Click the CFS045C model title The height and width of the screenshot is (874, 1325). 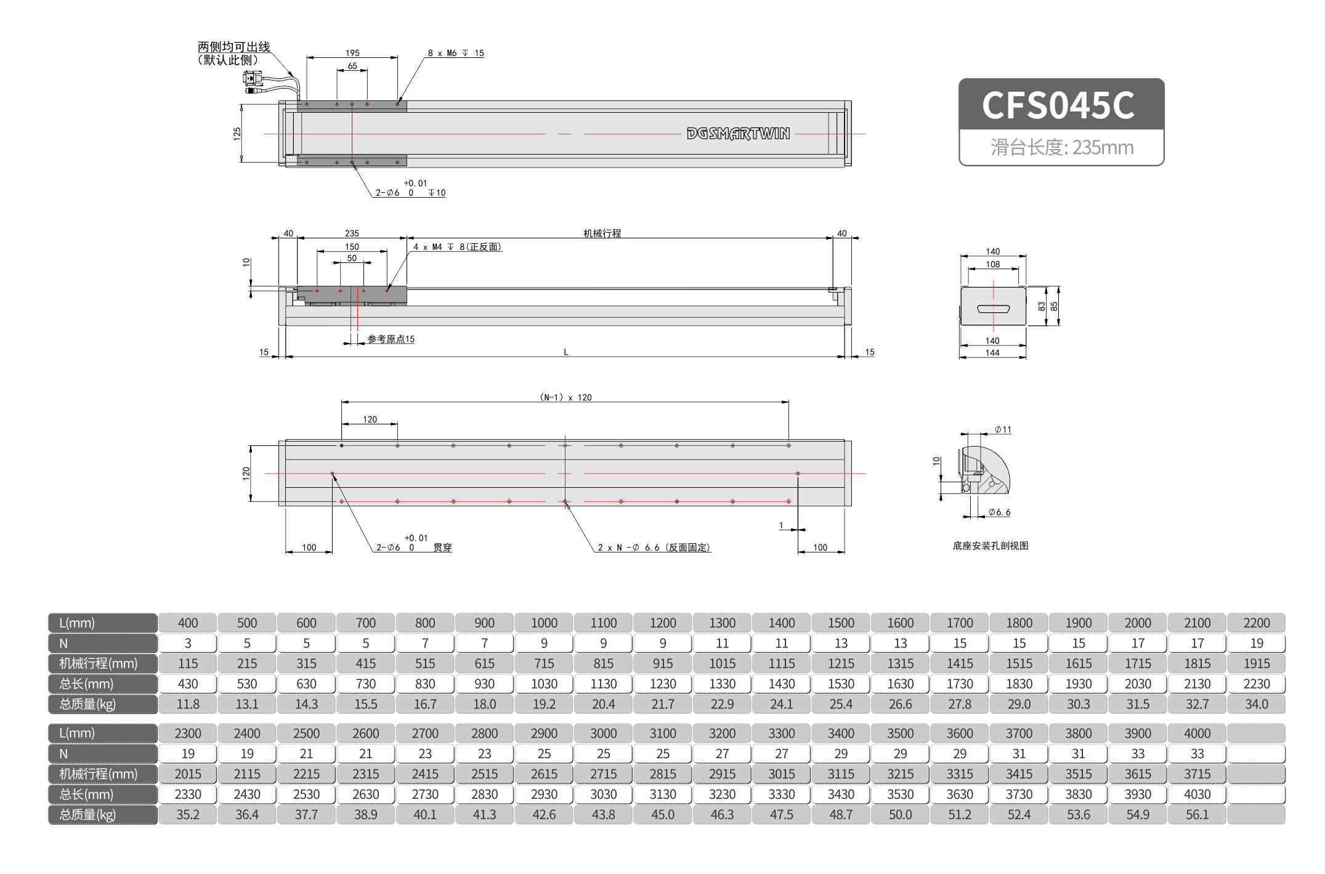coord(1058,105)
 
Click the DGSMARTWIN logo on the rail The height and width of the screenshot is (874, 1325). coord(738,134)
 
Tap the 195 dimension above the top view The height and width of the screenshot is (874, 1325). coord(352,53)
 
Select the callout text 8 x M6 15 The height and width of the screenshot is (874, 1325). coord(456,54)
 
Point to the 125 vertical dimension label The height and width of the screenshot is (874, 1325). coord(237,134)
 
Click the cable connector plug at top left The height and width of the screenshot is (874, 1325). coord(253,82)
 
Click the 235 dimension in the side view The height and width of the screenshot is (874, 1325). coord(352,233)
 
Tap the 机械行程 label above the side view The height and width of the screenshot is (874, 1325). coord(602,233)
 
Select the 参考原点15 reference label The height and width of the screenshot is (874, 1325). coord(391,339)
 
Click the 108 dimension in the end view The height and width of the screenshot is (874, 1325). coord(992,264)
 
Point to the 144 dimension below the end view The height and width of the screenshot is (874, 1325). coord(992,353)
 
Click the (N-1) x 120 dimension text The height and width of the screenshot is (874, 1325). coord(565,397)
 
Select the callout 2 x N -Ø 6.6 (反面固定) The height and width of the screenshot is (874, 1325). coord(654,548)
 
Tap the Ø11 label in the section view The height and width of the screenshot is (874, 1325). coord(1003,430)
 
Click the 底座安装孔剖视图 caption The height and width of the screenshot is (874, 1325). coord(990,546)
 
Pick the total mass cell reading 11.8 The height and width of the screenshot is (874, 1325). coord(188,704)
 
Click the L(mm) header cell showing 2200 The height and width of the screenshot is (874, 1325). coord(1256,623)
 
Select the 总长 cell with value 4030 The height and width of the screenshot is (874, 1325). coord(1197,795)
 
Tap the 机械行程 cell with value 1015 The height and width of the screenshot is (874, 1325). coord(722,663)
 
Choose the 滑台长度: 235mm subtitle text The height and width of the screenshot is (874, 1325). coord(1061,147)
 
